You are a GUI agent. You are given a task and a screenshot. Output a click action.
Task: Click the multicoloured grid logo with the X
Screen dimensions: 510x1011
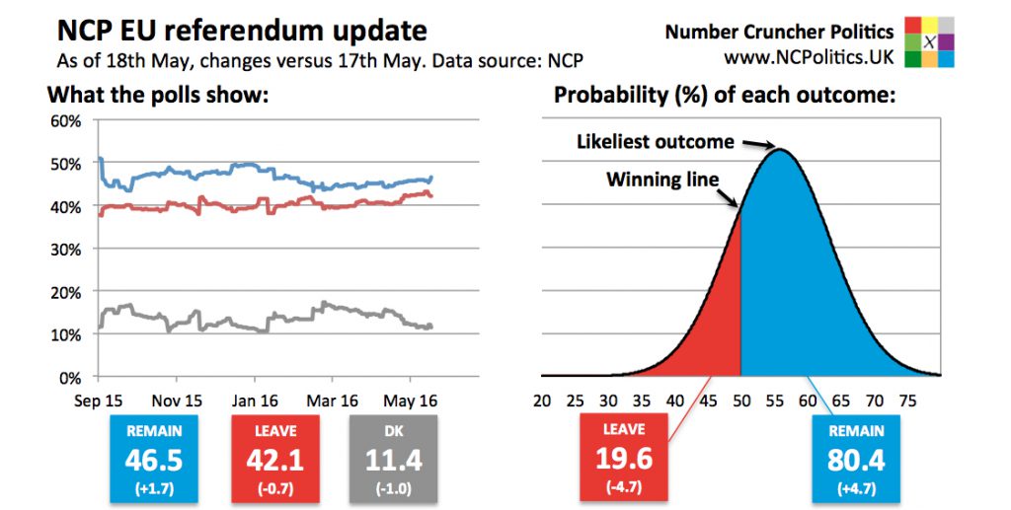tap(930, 41)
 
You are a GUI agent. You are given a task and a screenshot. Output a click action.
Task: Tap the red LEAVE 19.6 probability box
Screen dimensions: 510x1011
tap(624, 459)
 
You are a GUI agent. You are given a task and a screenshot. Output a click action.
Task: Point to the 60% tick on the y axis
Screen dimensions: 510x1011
tap(65, 121)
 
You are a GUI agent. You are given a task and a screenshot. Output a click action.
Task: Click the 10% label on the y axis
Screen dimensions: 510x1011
tap(65, 334)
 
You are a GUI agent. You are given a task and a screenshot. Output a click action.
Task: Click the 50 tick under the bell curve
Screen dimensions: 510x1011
tap(741, 401)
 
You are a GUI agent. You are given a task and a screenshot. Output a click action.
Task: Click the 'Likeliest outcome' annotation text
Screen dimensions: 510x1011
tap(655, 142)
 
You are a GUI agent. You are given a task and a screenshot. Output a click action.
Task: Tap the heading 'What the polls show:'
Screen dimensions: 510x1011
tap(159, 96)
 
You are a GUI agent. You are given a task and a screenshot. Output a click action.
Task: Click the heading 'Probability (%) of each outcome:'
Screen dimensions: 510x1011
tap(725, 96)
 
